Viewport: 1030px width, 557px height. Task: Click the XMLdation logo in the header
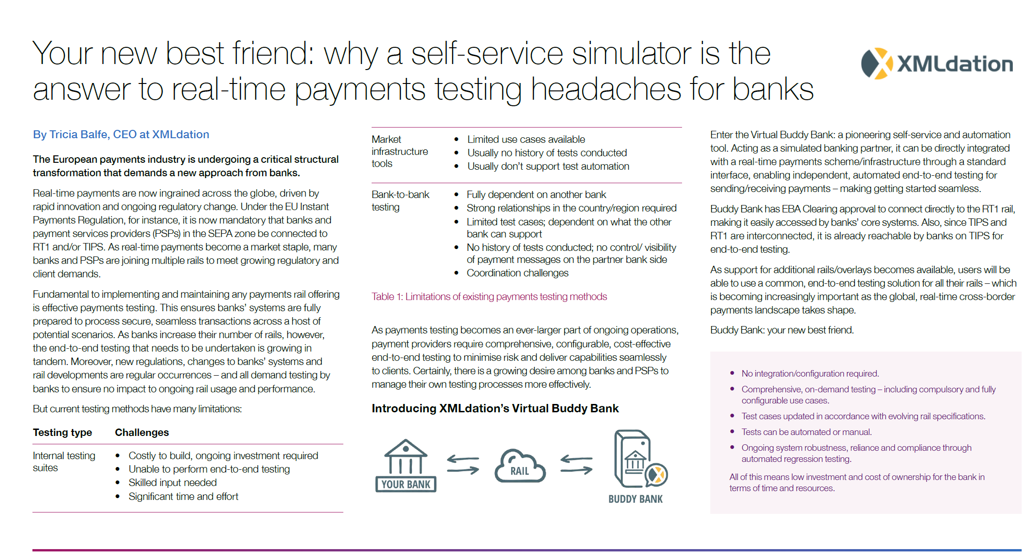[936, 64]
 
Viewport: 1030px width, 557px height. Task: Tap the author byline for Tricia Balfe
[121, 134]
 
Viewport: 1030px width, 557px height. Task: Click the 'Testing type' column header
[63, 432]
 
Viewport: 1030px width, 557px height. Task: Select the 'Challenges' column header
[142, 432]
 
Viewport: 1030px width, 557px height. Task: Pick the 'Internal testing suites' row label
[64, 461]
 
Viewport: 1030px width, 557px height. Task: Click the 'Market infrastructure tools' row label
[400, 151]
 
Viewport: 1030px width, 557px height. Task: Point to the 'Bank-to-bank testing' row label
[400, 200]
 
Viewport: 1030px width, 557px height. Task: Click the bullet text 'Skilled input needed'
[172, 482]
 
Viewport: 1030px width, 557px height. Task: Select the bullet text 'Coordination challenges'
[517, 273]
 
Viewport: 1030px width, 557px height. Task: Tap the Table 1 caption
[489, 296]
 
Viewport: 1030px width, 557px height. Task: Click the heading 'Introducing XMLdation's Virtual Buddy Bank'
[495, 408]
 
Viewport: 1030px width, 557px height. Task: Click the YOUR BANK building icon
[406, 465]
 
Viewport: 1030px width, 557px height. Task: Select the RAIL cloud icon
[520, 466]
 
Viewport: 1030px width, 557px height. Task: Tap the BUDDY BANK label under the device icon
[635, 499]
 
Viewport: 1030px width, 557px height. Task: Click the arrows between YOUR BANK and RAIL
[463, 465]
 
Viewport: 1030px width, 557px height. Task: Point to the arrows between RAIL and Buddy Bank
[576, 465]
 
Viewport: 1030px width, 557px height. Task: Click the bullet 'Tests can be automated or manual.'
[806, 432]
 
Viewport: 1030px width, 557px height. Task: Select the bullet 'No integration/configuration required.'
[810, 373]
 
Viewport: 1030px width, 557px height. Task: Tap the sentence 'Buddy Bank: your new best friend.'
[782, 330]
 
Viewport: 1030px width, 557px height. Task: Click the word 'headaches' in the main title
[605, 89]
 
